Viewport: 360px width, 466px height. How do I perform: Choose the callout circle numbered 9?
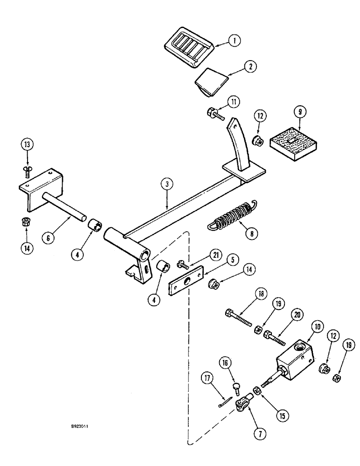coord(294,112)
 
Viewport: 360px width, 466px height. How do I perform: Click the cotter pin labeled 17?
coord(225,403)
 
